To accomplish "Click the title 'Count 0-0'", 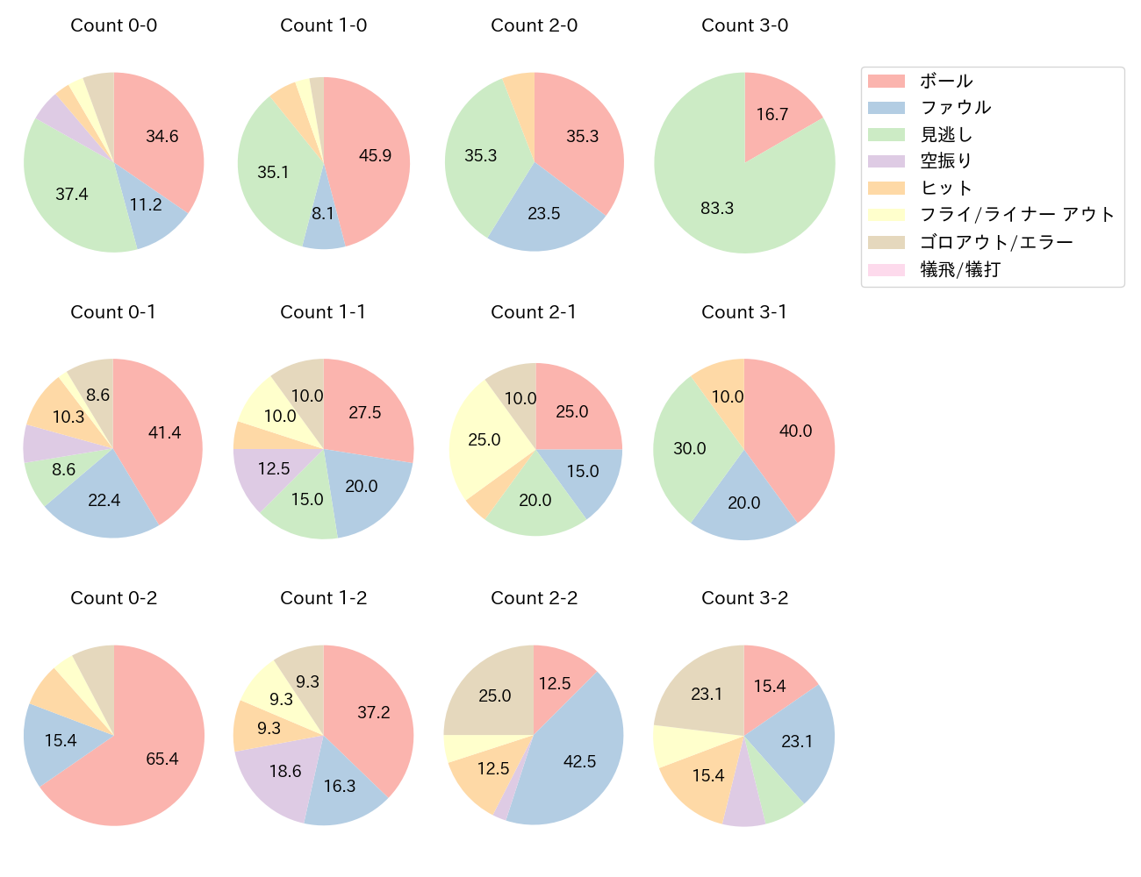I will point(113,25).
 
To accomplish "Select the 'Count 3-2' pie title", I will point(744,598).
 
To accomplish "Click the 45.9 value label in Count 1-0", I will point(375,155).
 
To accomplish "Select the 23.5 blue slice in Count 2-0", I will point(544,215).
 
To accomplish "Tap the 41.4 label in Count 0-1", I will point(164,432).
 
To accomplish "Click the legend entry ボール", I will point(946,82).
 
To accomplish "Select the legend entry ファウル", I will point(955,108).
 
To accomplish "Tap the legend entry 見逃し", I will point(946,135).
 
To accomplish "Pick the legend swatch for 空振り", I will point(886,161).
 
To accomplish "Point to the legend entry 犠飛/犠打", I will point(960,269).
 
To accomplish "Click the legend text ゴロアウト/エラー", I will point(996,242).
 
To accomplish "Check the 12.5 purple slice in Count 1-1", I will point(268,474).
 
